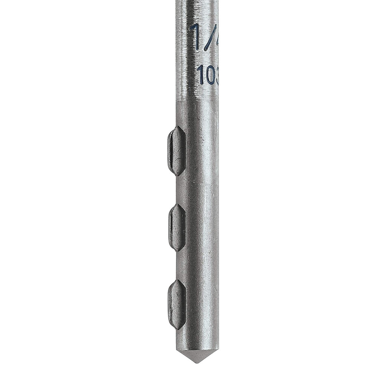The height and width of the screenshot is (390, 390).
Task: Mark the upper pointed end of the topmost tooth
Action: [177, 127]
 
